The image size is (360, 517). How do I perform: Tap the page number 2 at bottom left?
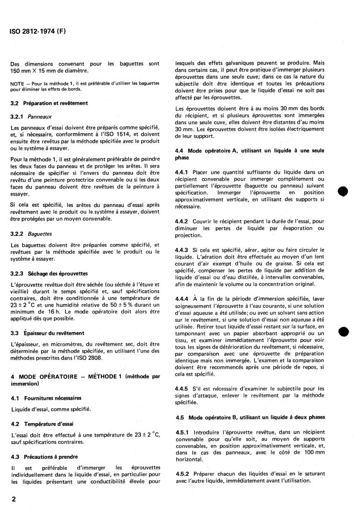tap(13, 499)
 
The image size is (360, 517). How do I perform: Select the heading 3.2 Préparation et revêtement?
tap(49, 103)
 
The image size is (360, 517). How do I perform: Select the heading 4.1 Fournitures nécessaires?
tap(46, 398)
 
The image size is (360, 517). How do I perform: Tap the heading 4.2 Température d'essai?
tap(42, 424)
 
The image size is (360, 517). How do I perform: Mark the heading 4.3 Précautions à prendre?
tap(44, 457)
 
